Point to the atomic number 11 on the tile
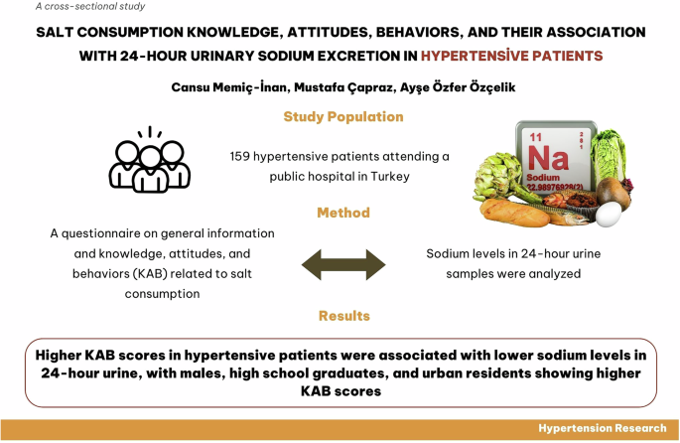[x=537, y=135]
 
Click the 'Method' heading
[x=343, y=213]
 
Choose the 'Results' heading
[x=343, y=316]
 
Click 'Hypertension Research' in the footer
[x=602, y=428]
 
